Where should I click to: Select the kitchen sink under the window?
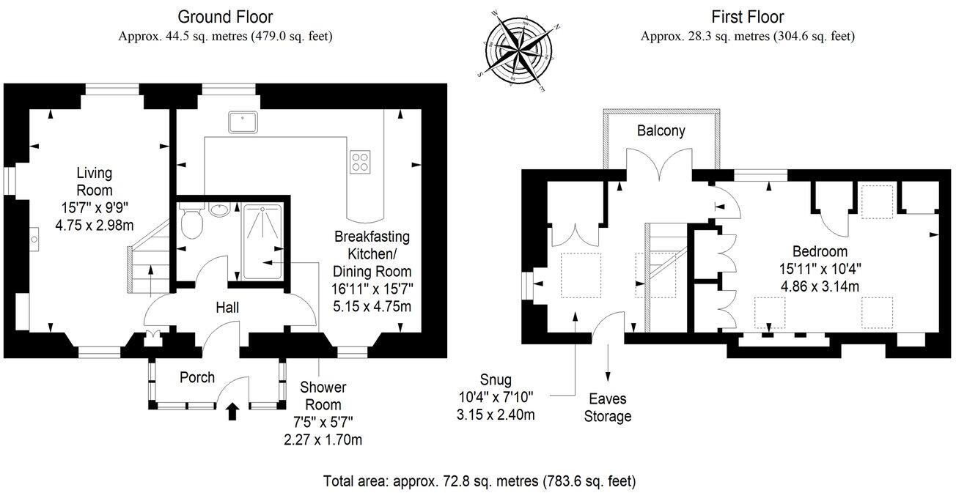(x=243, y=122)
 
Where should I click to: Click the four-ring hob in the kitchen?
(x=360, y=162)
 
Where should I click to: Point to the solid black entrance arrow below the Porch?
(x=232, y=412)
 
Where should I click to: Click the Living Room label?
(x=95, y=182)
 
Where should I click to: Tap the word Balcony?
(x=661, y=130)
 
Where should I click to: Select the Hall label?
(x=227, y=308)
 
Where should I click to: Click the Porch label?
(x=196, y=377)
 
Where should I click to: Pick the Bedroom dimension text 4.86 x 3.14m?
(x=820, y=286)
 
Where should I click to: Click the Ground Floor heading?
(x=225, y=17)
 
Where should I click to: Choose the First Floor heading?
(x=747, y=17)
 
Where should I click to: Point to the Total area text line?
(x=479, y=481)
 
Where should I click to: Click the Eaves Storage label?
(x=607, y=408)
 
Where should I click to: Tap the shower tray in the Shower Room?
(x=262, y=242)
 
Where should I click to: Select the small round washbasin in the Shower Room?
(x=220, y=209)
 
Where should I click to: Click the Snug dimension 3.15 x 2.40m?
(x=496, y=415)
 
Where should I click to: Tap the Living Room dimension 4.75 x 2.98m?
(x=95, y=225)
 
